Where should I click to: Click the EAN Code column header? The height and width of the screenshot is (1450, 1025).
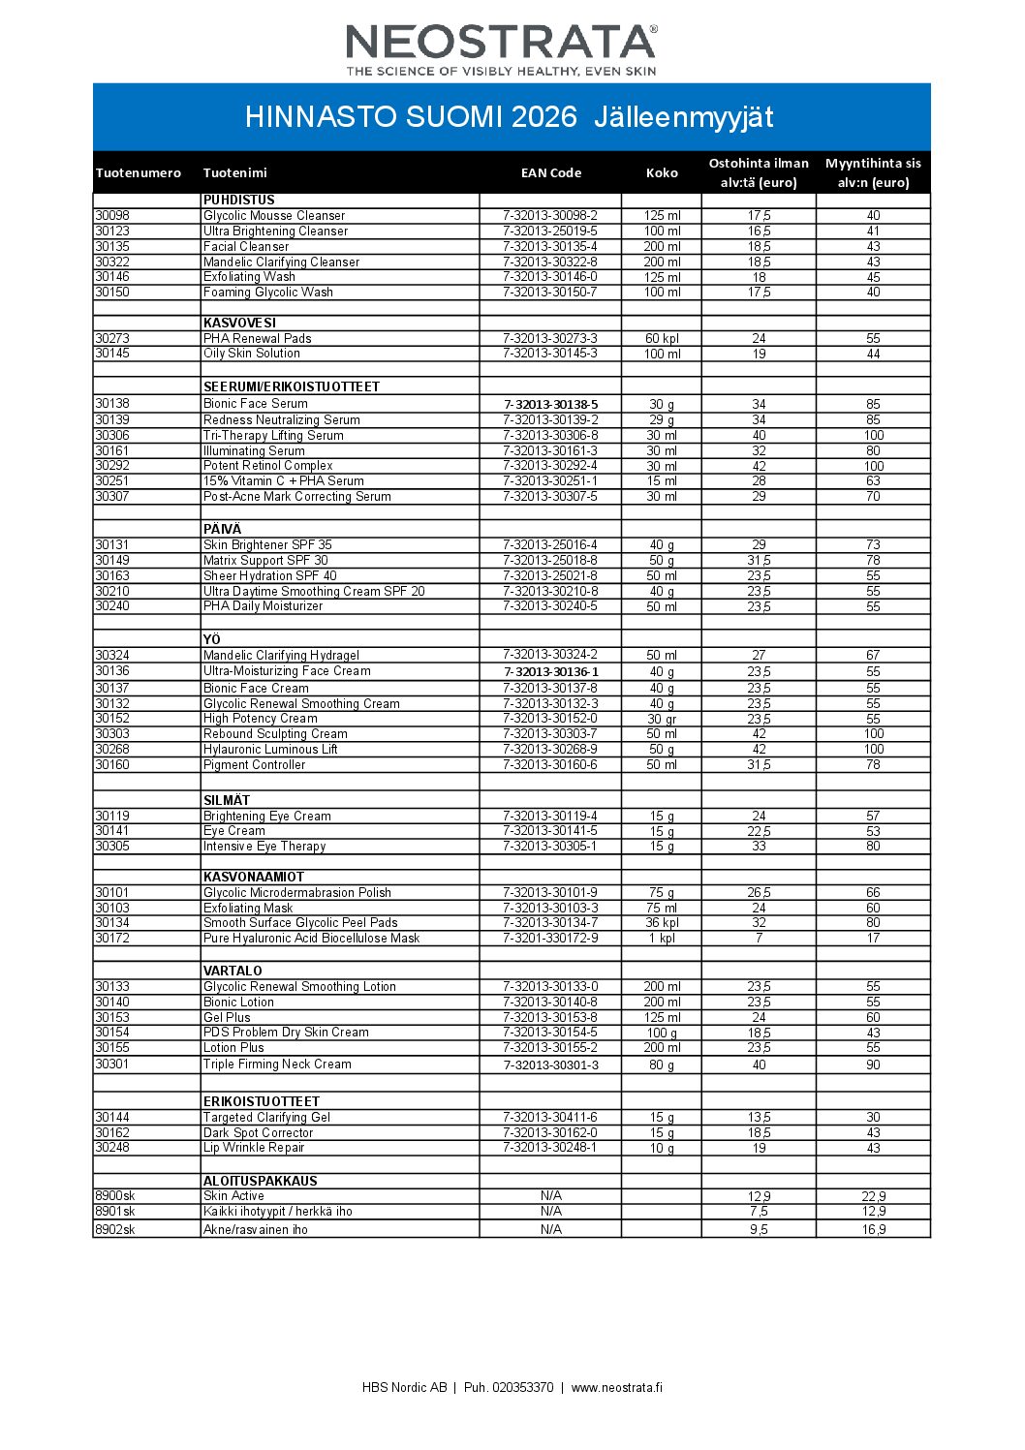(550, 173)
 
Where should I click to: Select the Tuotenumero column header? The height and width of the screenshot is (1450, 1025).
(139, 173)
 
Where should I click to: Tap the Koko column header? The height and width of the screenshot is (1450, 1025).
(662, 173)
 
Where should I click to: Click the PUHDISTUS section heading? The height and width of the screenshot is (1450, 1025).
(239, 201)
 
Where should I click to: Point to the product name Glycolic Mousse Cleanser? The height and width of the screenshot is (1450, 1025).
(274, 216)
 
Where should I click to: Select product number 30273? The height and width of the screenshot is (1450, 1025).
(112, 339)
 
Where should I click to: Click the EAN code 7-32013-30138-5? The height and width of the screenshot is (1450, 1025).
(550, 405)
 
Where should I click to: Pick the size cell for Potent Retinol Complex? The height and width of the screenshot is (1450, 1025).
(662, 467)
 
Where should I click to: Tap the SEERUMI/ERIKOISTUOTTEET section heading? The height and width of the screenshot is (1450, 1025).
(292, 387)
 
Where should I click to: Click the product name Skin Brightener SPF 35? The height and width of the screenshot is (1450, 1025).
(267, 545)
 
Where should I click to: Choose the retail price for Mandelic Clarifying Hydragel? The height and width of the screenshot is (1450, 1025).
(873, 656)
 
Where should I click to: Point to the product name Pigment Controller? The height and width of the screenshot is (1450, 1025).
(254, 765)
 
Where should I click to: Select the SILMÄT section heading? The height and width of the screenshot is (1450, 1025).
(227, 801)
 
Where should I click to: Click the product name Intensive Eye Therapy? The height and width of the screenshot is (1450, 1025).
(264, 847)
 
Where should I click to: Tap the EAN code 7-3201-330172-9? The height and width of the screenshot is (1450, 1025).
(550, 939)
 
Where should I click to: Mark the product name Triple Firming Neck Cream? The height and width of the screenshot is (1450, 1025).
(277, 1064)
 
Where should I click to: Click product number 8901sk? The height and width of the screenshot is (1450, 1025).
(115, 1212)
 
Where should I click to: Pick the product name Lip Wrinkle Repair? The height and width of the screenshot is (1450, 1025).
(254, 1148)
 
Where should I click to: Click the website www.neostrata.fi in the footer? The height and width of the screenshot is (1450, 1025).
(617, 1388)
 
